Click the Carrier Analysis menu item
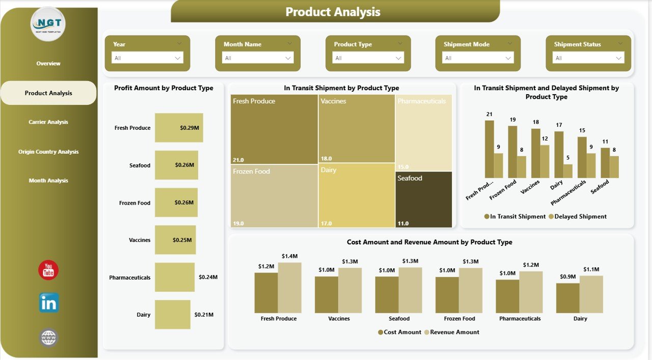[x=48, y=122]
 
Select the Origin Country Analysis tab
[x=48, y=152]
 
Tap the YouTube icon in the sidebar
[x=48, y=270]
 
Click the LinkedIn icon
[x=49, y=303]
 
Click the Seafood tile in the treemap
[x=424, y=199]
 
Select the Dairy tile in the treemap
[x=357, y=196]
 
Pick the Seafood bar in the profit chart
[x=176, y=165]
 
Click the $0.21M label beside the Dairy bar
[x=204, y=315]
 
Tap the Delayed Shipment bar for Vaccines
[x=545, y=161]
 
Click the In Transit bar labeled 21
[x=489, y=149]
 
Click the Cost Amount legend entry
[x=400, y=332]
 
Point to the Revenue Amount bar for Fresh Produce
[x=289, y=288]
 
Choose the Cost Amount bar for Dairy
[x=567, y=298]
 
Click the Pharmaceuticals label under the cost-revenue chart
[x=520, y=319]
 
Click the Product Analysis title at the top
[x=333, y=12]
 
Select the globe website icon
[x=49, y=338]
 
